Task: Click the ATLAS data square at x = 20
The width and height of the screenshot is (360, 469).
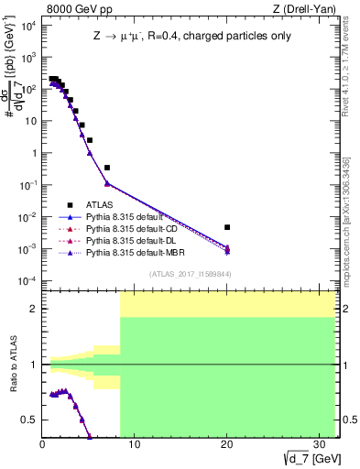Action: coord(227,227)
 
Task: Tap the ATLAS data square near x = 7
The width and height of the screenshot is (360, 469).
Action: coord(107,168)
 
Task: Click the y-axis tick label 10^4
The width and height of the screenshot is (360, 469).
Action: coord(27,25)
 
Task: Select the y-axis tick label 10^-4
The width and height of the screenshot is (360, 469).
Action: coord(27,280)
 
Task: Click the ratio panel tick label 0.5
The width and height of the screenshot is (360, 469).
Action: coord(30,420)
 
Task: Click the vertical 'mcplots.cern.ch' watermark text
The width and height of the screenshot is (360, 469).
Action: coord(350,211)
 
